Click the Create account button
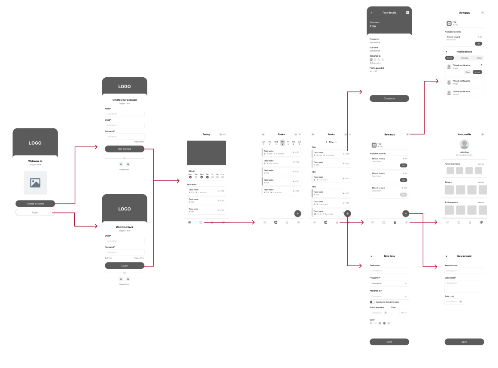point(35,204)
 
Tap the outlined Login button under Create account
point(35,212)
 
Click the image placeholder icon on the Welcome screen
point(35,182)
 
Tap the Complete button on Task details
point(389,98)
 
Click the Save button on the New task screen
point(389,342)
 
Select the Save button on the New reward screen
point(464,342)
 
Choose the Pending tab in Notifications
point(465,58)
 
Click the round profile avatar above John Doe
point(464,145)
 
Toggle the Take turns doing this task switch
point(372,302)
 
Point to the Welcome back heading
point(125,227)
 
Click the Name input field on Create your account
point(125,114)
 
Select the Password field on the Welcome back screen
point(125,252)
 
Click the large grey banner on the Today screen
point(206,152)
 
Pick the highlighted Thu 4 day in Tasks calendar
point(282,143)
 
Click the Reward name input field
point(464,271)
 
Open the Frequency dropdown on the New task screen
point(389,283)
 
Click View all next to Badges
point(480,182)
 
